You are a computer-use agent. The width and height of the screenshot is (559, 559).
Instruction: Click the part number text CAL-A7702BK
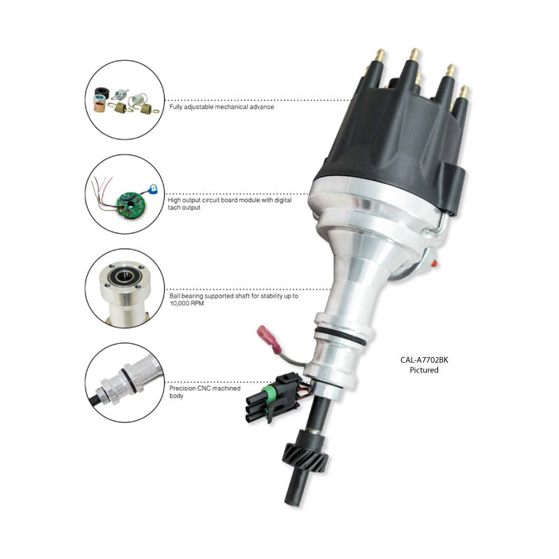[423, 360]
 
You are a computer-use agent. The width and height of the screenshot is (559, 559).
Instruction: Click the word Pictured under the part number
[423, 370]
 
